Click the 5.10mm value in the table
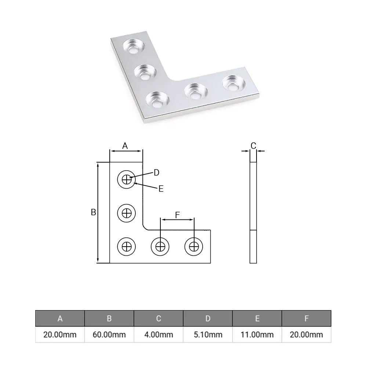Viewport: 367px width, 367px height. click(x=208, y=334)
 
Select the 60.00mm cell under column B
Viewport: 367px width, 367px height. click(x=109, y=334)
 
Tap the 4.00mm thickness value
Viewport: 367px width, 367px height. click(x=159, y=334)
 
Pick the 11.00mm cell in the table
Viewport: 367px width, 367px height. click(x=257, y=334)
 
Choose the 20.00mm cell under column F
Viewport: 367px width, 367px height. click(x=306, y=334)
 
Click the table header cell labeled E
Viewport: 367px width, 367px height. click(x=257, y=318)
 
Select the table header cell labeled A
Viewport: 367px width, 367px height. click(x=60, y=318)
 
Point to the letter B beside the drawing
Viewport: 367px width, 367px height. click(x=93, y=212)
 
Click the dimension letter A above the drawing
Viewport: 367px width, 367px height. click(x=125, y=146)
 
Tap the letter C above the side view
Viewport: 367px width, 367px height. click(x=253, y=146)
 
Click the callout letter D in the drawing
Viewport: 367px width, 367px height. click(x=156, y=172)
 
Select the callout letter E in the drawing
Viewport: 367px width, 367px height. click(x=161, y=189)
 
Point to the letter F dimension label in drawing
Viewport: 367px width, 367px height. click(x=177, y=215)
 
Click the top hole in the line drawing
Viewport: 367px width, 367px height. click(x=127, y=179)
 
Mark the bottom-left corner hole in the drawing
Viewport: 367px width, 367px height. click(x=127, y=246)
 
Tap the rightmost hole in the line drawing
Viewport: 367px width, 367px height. click(x=193, y=246)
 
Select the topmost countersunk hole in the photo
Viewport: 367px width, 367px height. click(x=134, y=46)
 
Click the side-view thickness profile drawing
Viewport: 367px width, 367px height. click(x=253, y=212)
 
